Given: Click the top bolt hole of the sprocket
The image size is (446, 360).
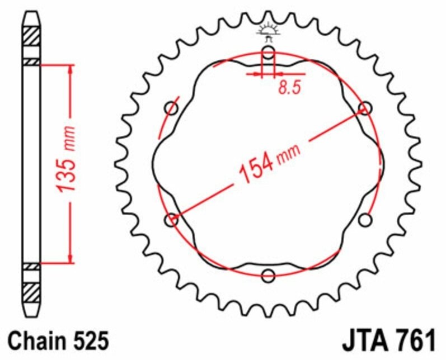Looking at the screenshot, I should click(269, 54).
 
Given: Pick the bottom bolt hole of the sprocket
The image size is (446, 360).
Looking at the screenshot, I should click(269, 275).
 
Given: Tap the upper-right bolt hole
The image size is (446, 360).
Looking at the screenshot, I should click(365, 108).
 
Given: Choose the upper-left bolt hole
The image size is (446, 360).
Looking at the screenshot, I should click(171, 108).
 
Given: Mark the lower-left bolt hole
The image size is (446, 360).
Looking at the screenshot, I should click(172, 220).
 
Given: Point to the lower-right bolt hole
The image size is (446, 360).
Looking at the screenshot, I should click(365, 220).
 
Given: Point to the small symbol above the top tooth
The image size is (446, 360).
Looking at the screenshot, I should click(269, 31).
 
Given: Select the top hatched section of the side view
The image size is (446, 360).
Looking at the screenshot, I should click(31, 37).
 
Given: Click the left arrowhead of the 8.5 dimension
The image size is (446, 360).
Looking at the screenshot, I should click(259, 73).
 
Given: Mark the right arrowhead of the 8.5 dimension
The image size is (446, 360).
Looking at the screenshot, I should click(279, 73).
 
